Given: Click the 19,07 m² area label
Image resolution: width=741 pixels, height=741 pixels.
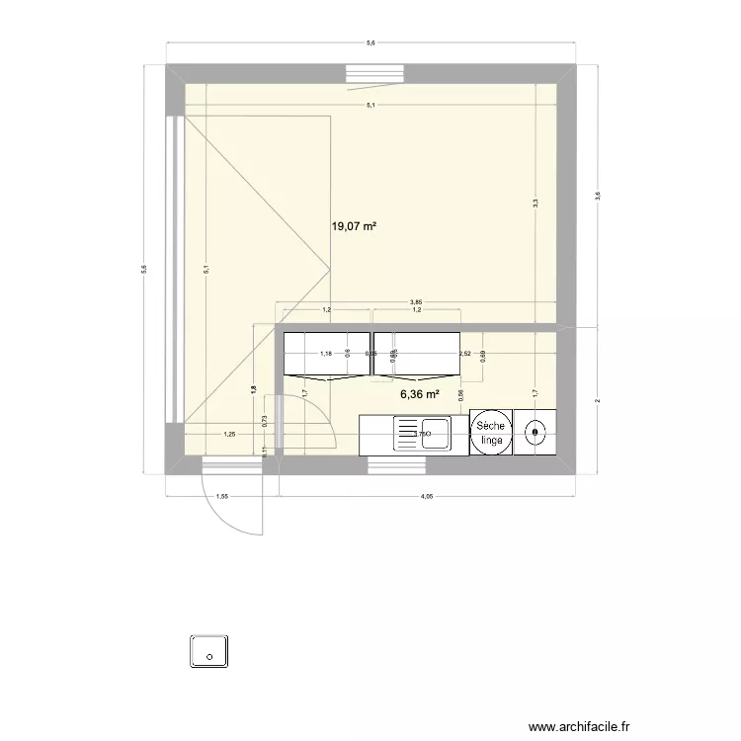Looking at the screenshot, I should pos(354,226).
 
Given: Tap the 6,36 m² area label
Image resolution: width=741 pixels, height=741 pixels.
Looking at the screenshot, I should pos(419,394).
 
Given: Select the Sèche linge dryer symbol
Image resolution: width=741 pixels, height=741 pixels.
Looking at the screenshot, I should pos(490,433).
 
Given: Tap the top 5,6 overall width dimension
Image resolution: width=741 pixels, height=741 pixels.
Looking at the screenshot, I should pos(370,43).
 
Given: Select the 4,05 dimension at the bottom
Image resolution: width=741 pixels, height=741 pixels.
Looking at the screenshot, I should pos(427,498).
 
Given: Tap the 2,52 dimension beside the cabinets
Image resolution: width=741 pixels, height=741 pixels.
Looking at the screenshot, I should pos(463,353).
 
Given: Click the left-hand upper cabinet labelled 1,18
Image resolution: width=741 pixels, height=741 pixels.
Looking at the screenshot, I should pos(326,354).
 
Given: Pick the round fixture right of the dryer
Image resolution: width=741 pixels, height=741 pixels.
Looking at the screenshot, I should pos(535,432).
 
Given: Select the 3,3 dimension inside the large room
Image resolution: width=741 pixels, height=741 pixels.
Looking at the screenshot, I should pos(535,203).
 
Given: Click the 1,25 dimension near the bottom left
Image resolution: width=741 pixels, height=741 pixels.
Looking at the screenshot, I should pos(229,433).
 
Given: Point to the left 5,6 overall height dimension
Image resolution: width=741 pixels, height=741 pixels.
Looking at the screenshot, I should pos(144,269).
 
